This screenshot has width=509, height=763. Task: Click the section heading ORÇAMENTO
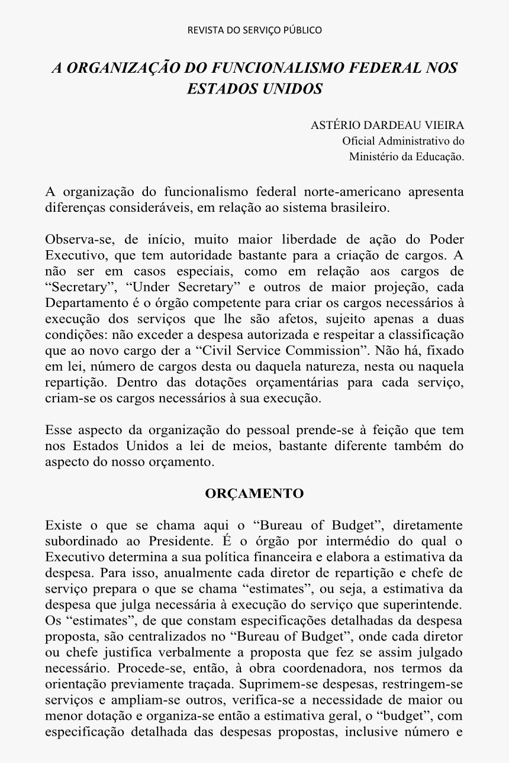point(254,493)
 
